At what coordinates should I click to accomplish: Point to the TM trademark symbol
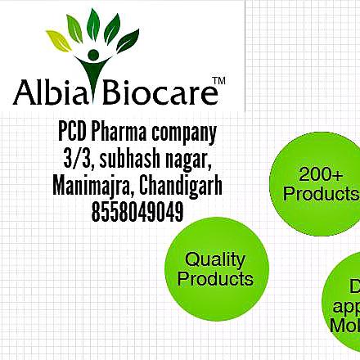point(218,80)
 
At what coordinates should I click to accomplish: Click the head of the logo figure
point(92,56)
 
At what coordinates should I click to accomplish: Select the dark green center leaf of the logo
point(93,25)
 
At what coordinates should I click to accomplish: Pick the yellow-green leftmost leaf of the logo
point(57,38)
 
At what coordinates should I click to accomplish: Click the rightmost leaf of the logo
point(128,40)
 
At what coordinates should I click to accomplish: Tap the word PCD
point(72,132)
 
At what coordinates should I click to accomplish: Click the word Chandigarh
point(181,187)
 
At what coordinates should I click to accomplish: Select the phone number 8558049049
point(137,213)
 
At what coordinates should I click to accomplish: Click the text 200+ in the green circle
point(321,174)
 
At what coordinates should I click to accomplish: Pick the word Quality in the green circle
point(215,259)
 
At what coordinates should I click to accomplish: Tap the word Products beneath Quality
point(215,278)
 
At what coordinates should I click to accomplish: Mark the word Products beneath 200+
point(321,194)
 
